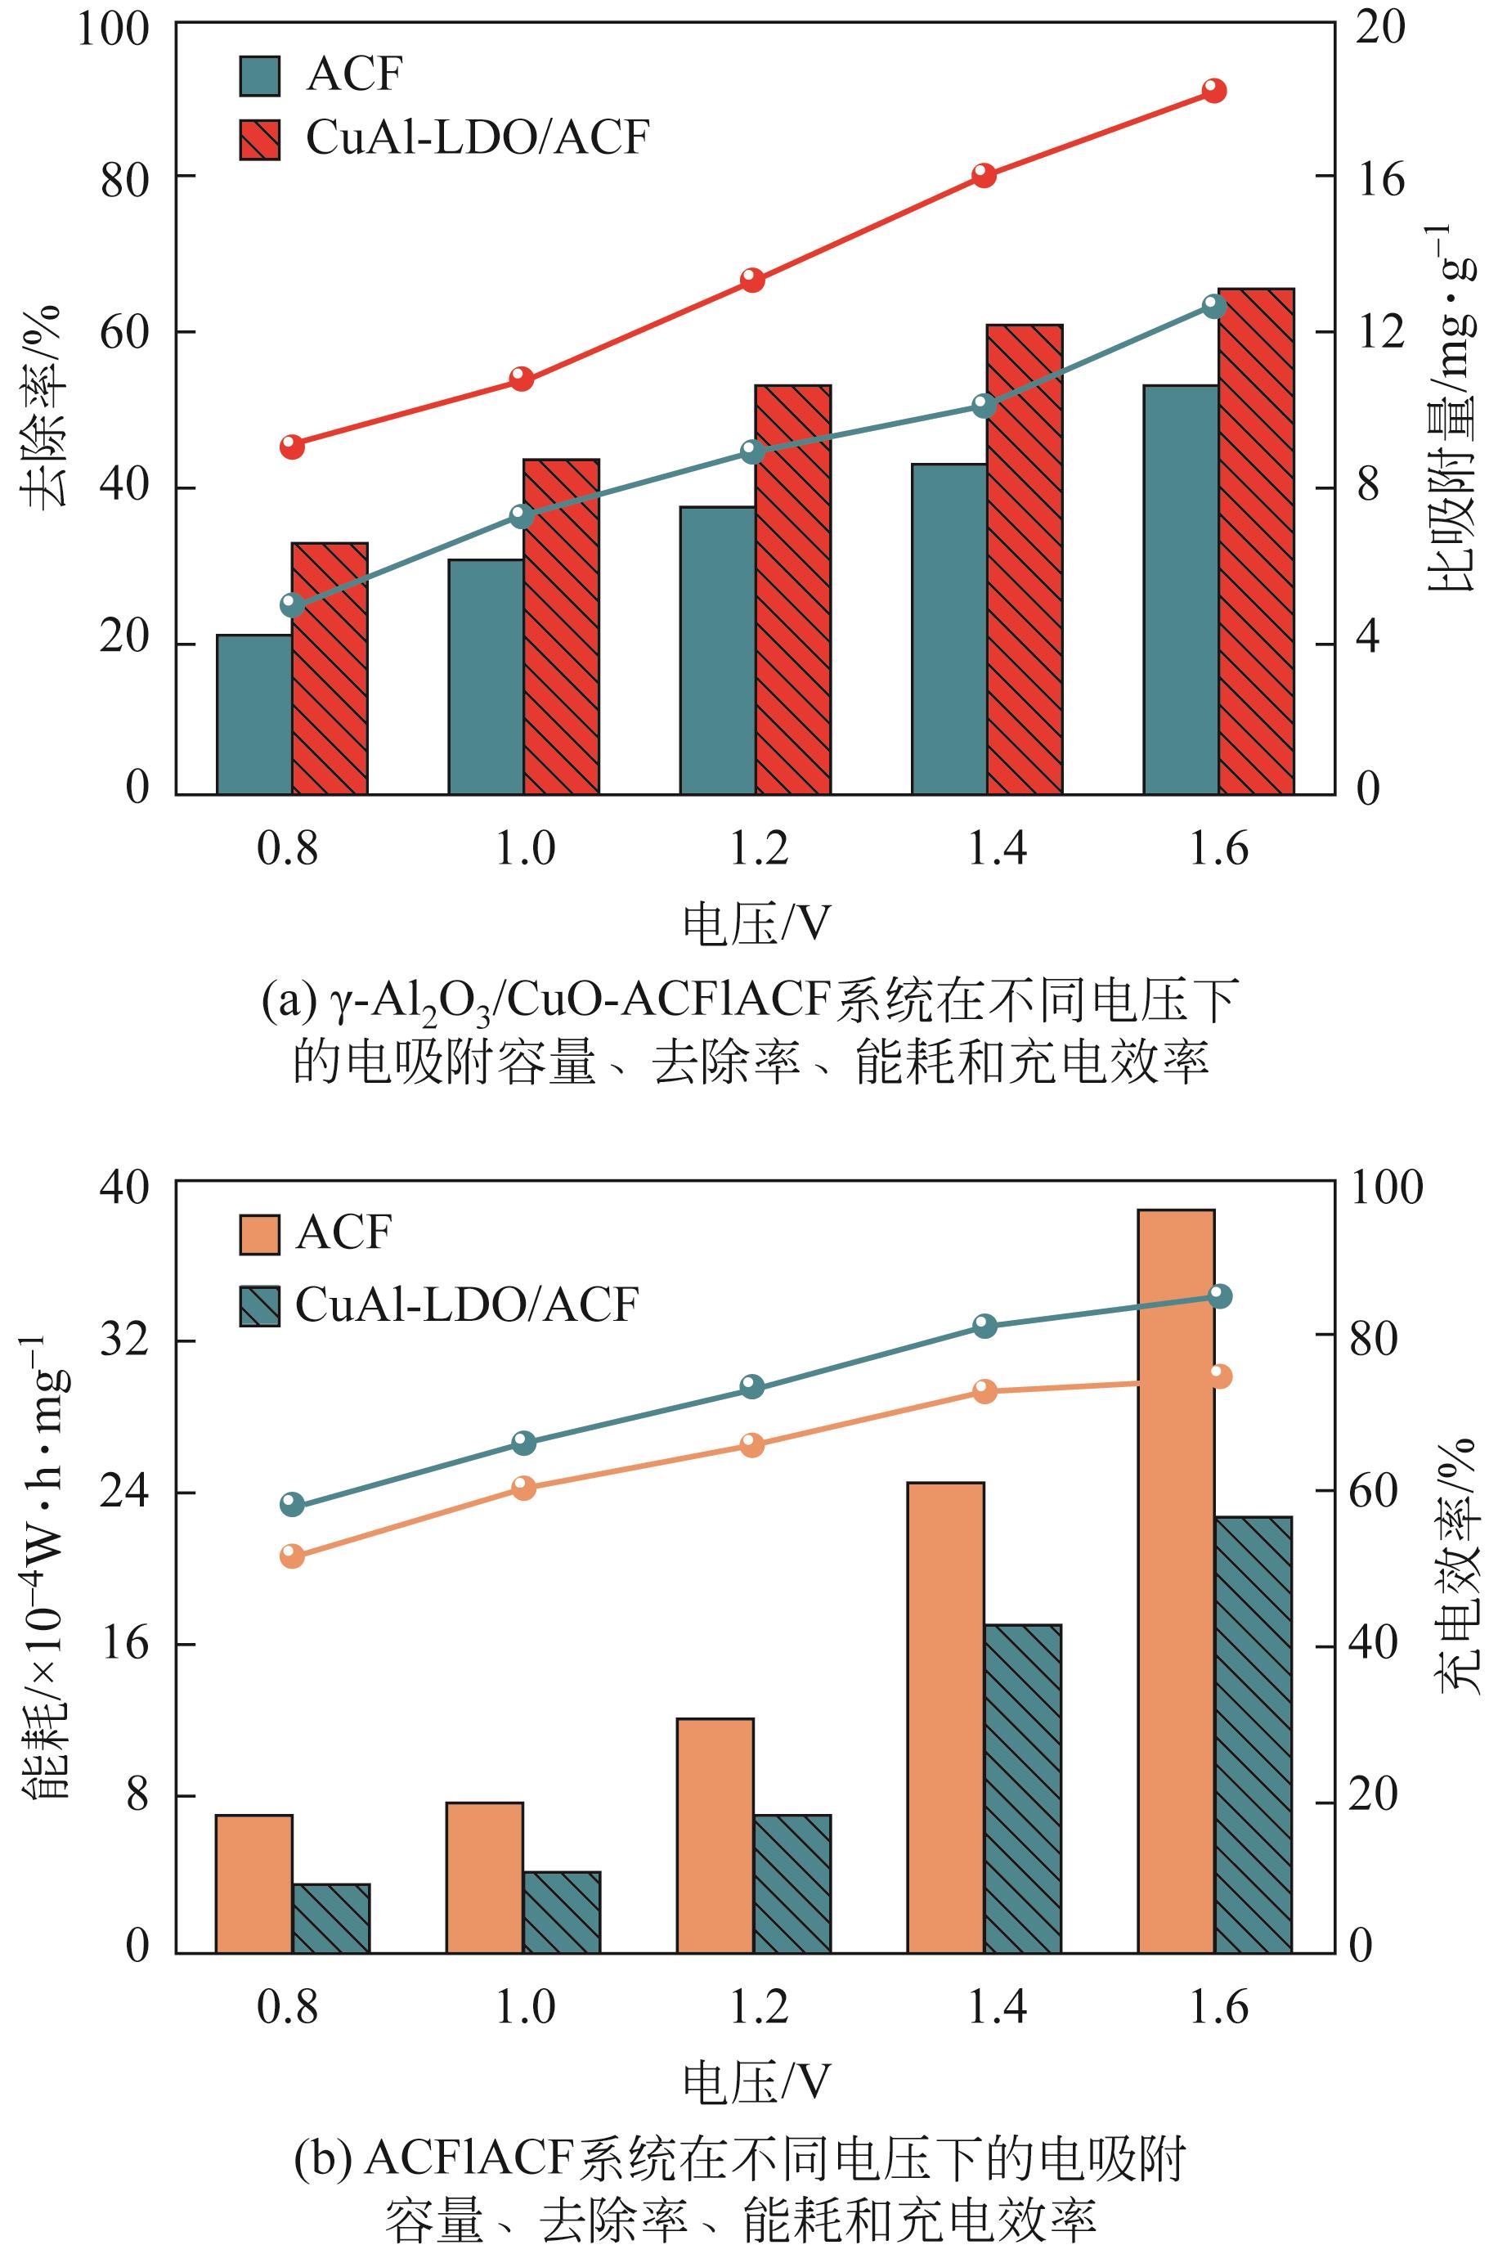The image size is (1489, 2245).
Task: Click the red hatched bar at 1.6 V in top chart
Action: (x=1255, y=541)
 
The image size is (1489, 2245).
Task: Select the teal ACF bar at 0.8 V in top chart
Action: (x=253, y=714)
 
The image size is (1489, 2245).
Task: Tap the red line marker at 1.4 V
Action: (x=983, y=176)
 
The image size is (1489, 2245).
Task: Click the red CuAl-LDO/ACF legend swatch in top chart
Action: (x=259, y=140)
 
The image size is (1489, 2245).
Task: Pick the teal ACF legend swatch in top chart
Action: (x=259, y=76)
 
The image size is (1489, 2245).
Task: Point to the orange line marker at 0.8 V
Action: (x=293, y=1556)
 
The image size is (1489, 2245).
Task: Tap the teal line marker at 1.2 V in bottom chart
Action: (x=752, y=1385)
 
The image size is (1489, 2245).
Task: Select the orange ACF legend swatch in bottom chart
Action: (x=259, y=1233)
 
